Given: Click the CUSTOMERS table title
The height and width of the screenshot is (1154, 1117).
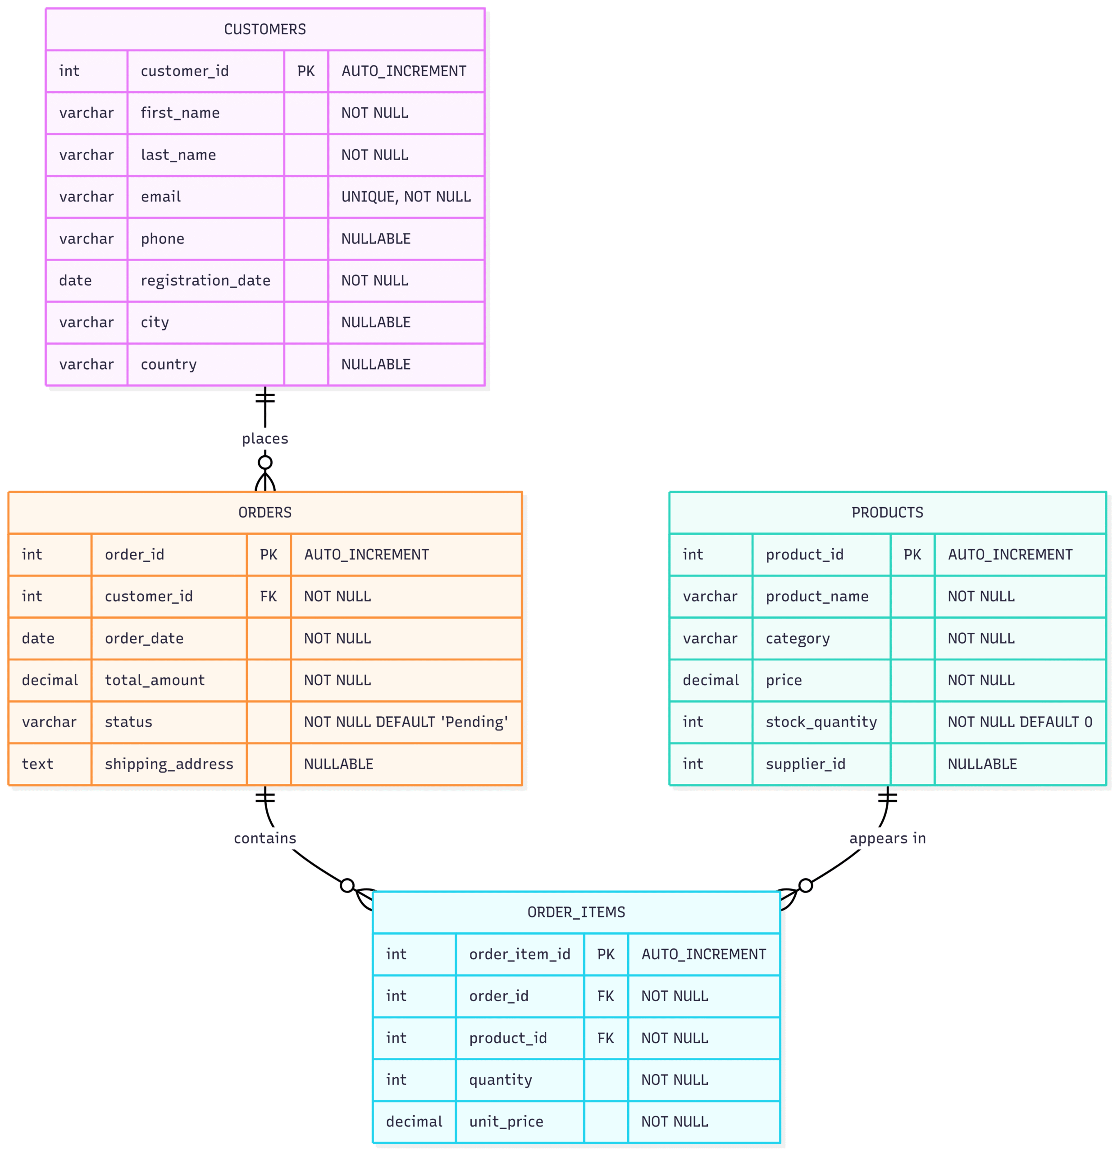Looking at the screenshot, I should pyautogui.click(x=265, y=29).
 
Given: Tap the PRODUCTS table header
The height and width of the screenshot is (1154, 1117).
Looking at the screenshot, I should pyautogui.click(x=887, y=512).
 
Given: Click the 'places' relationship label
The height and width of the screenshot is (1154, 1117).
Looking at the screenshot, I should pyautogui.click(x=265, y=439).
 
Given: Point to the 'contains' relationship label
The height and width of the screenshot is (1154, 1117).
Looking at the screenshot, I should pyautogui.click(x=265, y=838).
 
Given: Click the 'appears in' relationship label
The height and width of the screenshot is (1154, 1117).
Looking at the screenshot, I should pyautogui.click(x=887, y=838).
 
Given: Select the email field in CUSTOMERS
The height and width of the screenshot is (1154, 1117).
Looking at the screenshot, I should pyautogui.click(x=161, y=197).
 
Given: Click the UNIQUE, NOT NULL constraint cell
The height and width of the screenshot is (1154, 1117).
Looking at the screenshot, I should pyautogui.click(x=406, y=197).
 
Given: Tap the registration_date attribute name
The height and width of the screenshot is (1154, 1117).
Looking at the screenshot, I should pyautogui.click(x=205, y=280).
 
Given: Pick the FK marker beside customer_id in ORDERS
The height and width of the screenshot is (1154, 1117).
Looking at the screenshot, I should pyautogui.click(x=269, y=596).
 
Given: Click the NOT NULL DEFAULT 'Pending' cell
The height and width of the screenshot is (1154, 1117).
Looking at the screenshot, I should pyautogui.click(x=406, y=722).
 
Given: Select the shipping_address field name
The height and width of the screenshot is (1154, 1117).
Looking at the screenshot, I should pyautogui.click(x=169, y=764).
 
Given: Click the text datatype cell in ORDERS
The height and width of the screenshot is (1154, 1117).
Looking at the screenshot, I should pyautogui.click(x=38, y=764).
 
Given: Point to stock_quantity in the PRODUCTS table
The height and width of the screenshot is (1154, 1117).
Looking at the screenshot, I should pyautogui.click(x=821, y=722).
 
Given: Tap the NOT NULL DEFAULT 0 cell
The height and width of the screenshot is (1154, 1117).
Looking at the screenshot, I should pyautogui.click(x=1019, y=722).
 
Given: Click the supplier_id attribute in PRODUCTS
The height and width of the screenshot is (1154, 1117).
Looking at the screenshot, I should pyautogui.click(x=805, y=764).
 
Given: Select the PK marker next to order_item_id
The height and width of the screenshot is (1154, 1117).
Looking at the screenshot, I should pyautogui.click(x=606, y=954).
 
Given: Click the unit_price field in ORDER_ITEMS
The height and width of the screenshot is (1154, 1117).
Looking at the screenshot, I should pyautogui.click(x=506, y=1122).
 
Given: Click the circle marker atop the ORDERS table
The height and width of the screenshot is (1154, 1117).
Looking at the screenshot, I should pyautogui.click(x=265, y=462).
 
